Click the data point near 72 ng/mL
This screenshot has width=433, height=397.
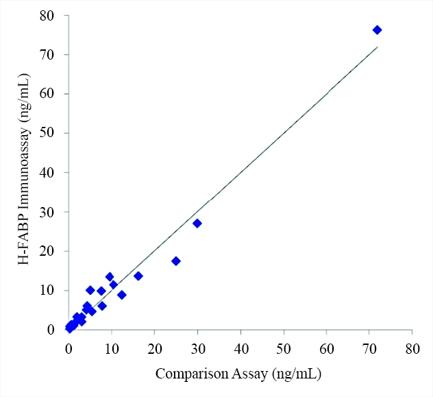377,30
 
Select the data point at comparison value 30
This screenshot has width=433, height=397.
197,224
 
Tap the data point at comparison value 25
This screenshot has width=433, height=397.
176,261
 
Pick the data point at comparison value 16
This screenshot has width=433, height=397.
138,276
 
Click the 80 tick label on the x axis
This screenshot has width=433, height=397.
412,347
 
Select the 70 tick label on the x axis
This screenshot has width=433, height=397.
369,347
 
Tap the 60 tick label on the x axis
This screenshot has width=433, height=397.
326,347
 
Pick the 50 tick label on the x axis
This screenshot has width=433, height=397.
283,347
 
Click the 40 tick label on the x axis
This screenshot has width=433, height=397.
240,347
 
